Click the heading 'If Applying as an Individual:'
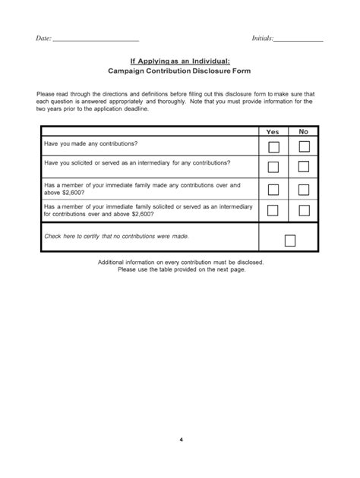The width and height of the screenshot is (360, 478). [179, 61]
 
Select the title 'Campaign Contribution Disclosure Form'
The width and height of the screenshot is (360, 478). [179, 72]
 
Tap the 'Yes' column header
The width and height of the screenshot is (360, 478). [273, 131]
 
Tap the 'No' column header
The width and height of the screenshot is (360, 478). [303, 131]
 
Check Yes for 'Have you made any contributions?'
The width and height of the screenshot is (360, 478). [273, 146]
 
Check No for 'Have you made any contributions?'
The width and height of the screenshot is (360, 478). [304, 146]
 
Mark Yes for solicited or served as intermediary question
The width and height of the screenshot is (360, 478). [273, 167]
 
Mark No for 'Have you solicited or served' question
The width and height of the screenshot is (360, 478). [304, 167]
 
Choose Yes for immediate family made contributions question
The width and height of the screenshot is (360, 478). [273, 189]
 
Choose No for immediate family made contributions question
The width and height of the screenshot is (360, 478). [304, 189]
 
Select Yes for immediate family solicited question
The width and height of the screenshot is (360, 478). [273, 210]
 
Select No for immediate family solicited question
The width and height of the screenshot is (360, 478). [304, 210]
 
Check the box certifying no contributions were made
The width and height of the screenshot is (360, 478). [289, 241]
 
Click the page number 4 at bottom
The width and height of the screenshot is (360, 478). [181, 440]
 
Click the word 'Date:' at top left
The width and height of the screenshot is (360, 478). [43, 39]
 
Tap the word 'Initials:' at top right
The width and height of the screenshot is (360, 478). [262, 39]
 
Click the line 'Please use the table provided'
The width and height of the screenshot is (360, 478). [181, 269]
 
